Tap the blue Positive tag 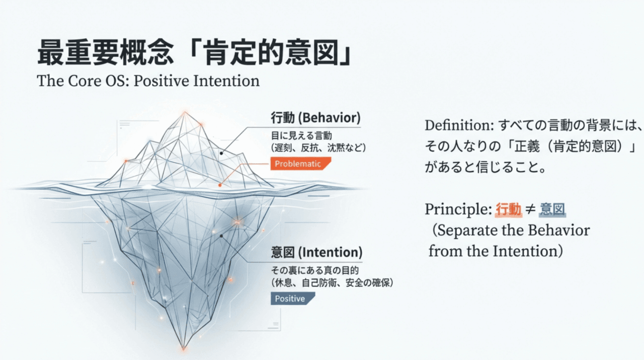click(292, 299)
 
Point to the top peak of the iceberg click(183, 113)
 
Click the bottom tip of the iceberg click(183, 348)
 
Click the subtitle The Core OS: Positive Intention click(148, 81)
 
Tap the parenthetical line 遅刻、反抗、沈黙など click(318, 148)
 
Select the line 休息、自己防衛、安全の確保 click(332, 282)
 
